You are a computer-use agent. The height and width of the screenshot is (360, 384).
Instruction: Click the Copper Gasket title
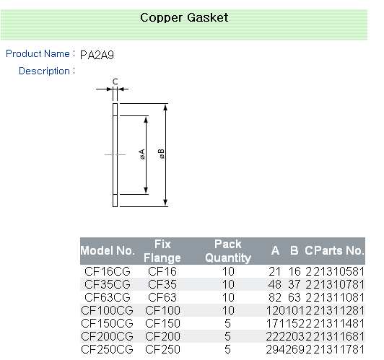click(184, 18)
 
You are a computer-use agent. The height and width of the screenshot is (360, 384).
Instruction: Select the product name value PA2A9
click(97, 55)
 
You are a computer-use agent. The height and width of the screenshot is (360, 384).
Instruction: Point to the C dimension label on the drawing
click(115, 82)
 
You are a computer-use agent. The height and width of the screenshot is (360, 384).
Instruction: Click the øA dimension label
click(141, 154)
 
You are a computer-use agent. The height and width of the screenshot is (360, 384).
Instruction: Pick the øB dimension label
click(161, 154)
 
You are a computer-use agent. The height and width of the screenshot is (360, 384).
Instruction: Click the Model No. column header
click(108, 251)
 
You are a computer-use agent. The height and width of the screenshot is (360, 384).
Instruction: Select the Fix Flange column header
click(162, 251)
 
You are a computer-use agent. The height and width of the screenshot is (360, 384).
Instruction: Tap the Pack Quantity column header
click(228, 251)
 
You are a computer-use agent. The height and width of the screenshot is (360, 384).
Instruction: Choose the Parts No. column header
click(338, 250)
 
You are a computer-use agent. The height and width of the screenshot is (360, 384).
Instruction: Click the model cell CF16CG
click(108, 271)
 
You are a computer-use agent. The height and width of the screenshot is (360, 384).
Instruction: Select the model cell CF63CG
click(108, 297)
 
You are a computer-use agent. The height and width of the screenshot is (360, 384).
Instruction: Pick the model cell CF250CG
click(108, 349)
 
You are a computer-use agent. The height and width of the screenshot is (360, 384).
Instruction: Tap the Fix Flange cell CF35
click(162, 284)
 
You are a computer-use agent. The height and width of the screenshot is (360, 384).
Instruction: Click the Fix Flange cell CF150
click(162, 323)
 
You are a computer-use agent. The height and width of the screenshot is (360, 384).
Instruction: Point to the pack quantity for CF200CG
click(228, 336)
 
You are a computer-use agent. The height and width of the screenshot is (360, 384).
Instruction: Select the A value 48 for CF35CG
click(274, 284)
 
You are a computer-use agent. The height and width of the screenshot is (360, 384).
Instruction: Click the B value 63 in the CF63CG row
click(294, 297)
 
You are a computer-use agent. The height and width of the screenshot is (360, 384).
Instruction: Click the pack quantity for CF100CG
click(228, 310)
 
